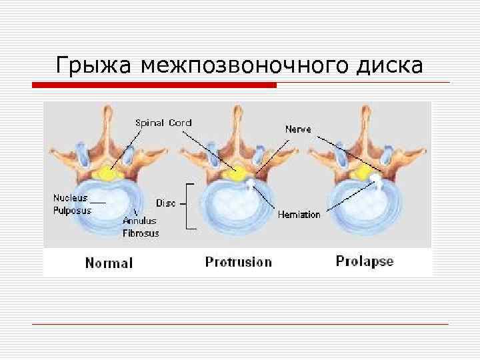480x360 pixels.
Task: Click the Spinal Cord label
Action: click(x=163, y=123)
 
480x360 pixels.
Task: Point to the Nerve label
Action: click(x=297, y=129)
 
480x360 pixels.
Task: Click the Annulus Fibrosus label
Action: click(x=140, y=227)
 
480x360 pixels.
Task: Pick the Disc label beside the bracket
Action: click(x=166, y=203)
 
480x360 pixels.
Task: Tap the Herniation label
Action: click(x=299, y=215)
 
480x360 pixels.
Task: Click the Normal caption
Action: click(x=109, y=263)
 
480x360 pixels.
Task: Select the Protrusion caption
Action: click(x=238, y=262)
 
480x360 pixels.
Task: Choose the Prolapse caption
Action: click(x=364, y=261)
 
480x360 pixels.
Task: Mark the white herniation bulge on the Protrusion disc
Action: click(x=250, y=184)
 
